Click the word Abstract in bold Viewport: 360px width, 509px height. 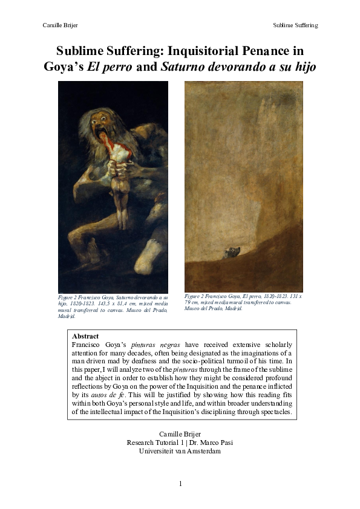point(85,336)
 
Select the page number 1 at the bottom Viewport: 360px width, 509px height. point(180,484)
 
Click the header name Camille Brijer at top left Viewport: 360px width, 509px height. point(61,25)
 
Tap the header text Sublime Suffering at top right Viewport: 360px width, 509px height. point(295,25)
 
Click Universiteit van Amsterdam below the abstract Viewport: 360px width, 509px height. point(180,451)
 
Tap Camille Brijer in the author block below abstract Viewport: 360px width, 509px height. point(180,434)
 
